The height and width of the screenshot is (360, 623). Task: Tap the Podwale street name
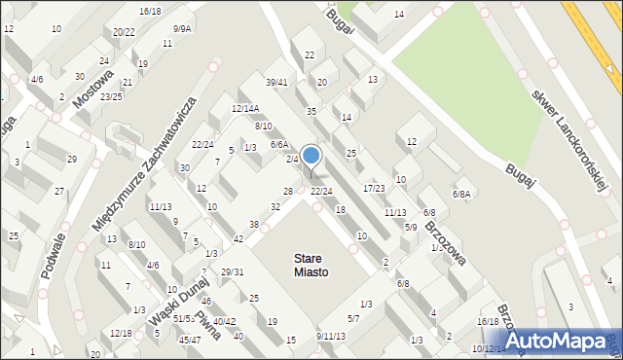click(54, 255)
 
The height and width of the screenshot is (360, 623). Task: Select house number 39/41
click(276, 82)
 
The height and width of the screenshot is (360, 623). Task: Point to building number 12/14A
click(245, 108)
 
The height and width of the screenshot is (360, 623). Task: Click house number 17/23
click(374, 188)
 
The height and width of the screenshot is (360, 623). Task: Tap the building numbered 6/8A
click(461, 195)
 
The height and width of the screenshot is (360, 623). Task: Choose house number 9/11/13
click(331, 336)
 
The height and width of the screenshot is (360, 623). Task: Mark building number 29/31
click(232, 271)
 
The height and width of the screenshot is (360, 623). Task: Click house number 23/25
click(111, 96)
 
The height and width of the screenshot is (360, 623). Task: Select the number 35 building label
click(311, 112)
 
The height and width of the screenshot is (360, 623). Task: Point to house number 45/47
click(190, 340)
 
